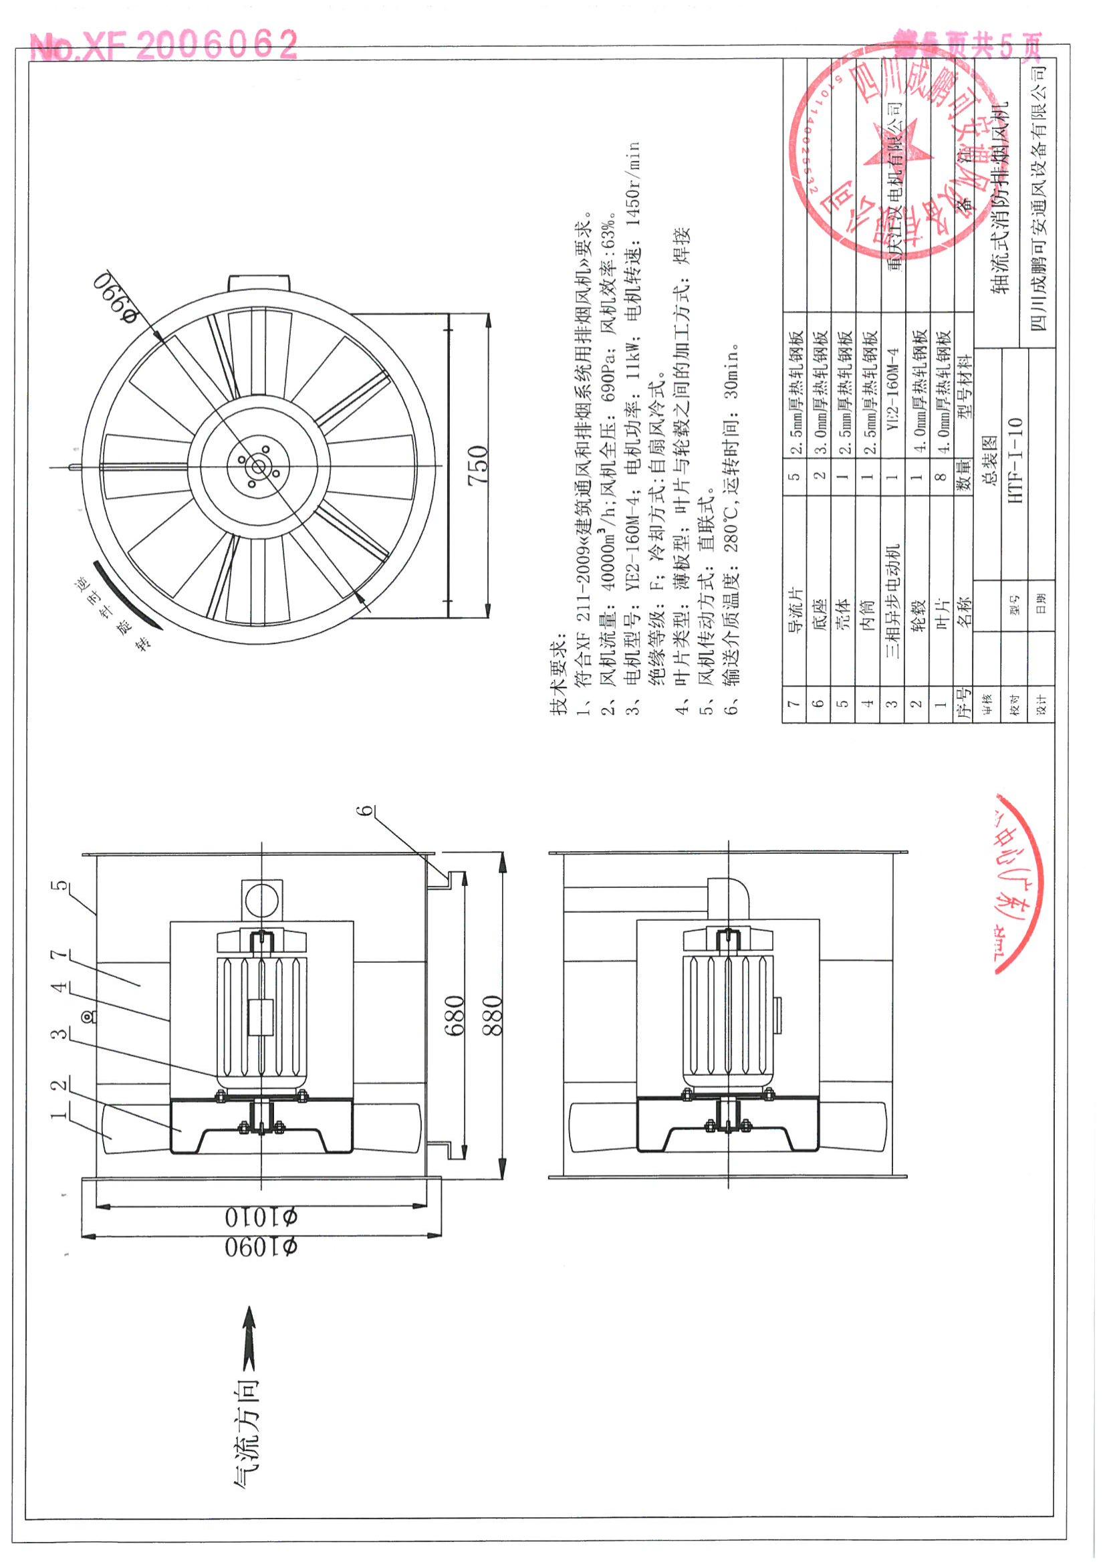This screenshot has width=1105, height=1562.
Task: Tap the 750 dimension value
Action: click(x=478, y=464)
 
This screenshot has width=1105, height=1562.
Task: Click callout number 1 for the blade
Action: click(x=62, y=1113)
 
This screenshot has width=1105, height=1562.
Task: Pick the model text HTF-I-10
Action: click(x=1015, y=459)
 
